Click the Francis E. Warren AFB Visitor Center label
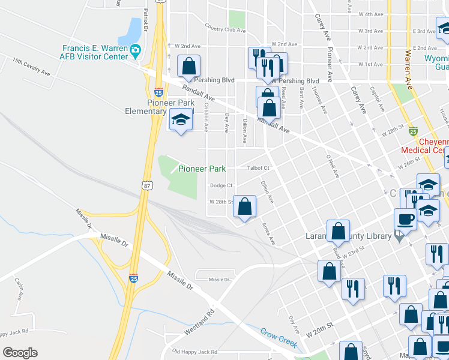click(94, 52)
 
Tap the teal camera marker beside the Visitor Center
click(136, 49)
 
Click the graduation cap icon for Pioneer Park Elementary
click(180, 121)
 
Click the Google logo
click(20, 352)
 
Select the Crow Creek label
click(279, 337)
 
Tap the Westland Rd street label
click(203, 321)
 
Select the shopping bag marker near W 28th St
click(244, 206)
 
